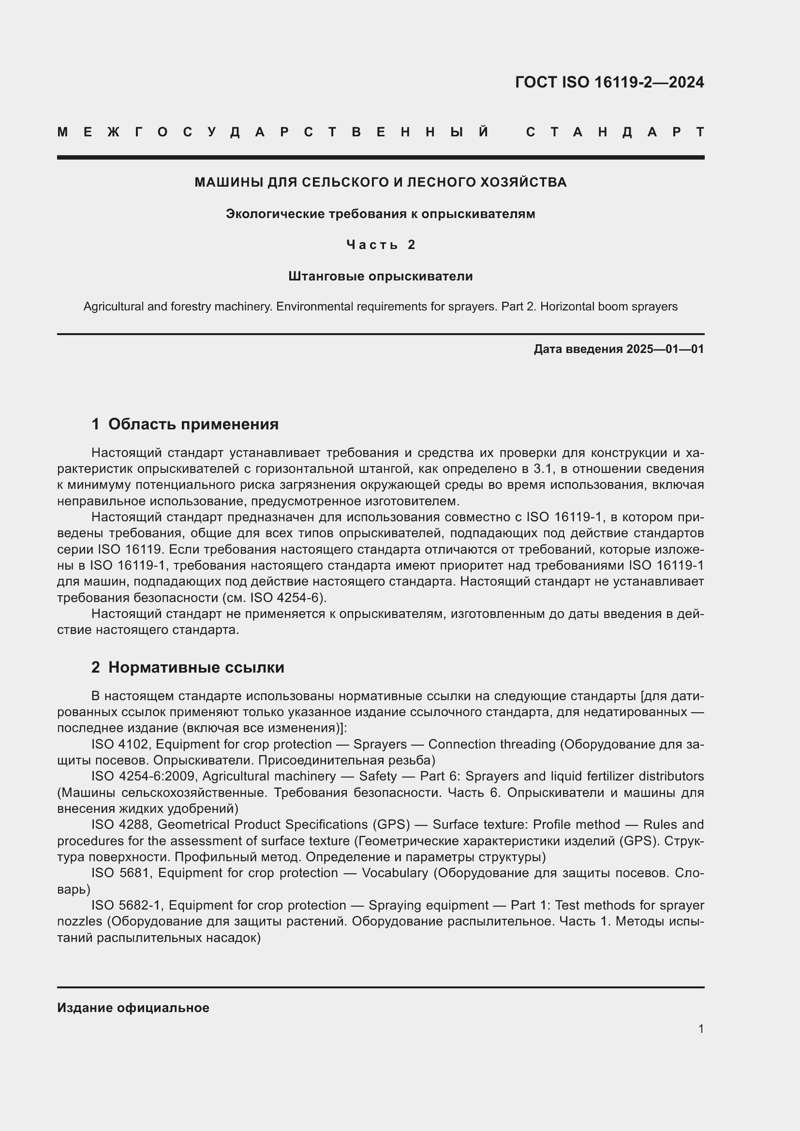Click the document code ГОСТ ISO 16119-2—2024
609,82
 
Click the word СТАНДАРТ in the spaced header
615,132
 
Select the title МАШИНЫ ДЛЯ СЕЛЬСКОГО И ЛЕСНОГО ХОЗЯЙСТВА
380,182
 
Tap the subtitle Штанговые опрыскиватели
380,277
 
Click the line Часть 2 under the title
380,245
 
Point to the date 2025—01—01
665,349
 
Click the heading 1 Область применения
185,424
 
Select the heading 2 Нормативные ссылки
188,667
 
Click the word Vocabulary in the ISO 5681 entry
395,873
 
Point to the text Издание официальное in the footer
133,1008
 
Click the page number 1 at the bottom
700,1029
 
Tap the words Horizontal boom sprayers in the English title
609,307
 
